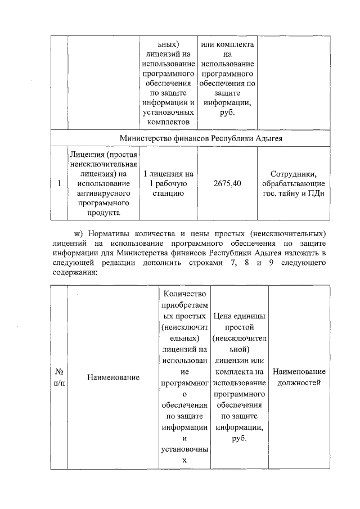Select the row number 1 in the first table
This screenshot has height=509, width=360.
tap(59, 184)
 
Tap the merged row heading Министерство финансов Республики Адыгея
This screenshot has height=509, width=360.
tap(200, 138)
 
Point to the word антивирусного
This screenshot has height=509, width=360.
tap(104, 193)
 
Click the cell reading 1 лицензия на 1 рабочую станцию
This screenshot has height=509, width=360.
tap(169, 184)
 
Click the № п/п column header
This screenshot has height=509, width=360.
tap(59, 377)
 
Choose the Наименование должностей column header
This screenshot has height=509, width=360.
tap(298, 377)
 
